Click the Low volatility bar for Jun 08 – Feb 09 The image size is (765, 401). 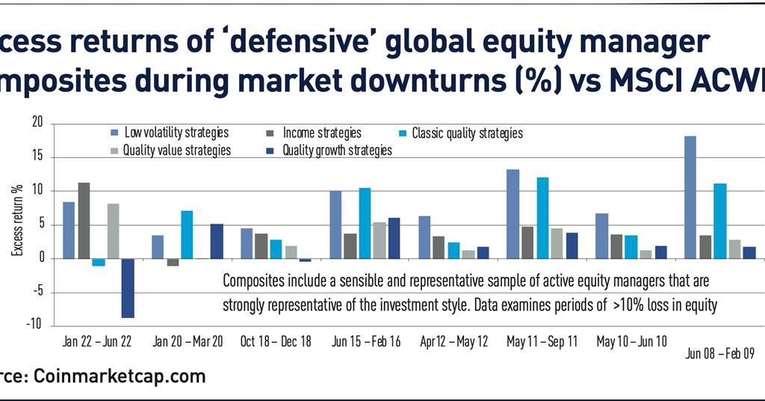pyautogui.click(x=690, y=198)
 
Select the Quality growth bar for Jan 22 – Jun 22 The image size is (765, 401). pyautogui.click(x=128, y=288)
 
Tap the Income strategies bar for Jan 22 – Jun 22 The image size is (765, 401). pyautogui.click(x=84, y=221)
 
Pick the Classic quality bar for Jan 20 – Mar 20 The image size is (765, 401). pyautogui.click(x=187, y=235)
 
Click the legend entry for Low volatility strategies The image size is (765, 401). pyautogui.click(x=176, y=133)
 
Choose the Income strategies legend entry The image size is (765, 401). pyautogui.click(x=321, y=133)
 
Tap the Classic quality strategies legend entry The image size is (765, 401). pyautogui.click(x=466, y=133)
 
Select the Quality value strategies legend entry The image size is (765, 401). pyautogui.click(x=177, y=150)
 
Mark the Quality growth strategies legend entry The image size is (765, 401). pyautogui.click(x=336, y=150)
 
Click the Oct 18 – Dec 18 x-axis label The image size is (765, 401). pyautogui.click(x=276, y=342)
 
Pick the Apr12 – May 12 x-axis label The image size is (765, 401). pyautogui.click(x=453, y=342)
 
